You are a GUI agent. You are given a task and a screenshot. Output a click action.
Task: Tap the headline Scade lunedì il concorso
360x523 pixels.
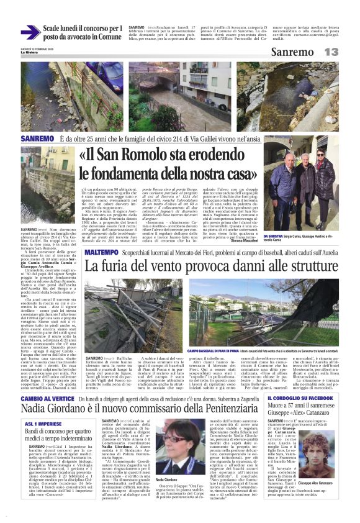coord(83,32)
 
